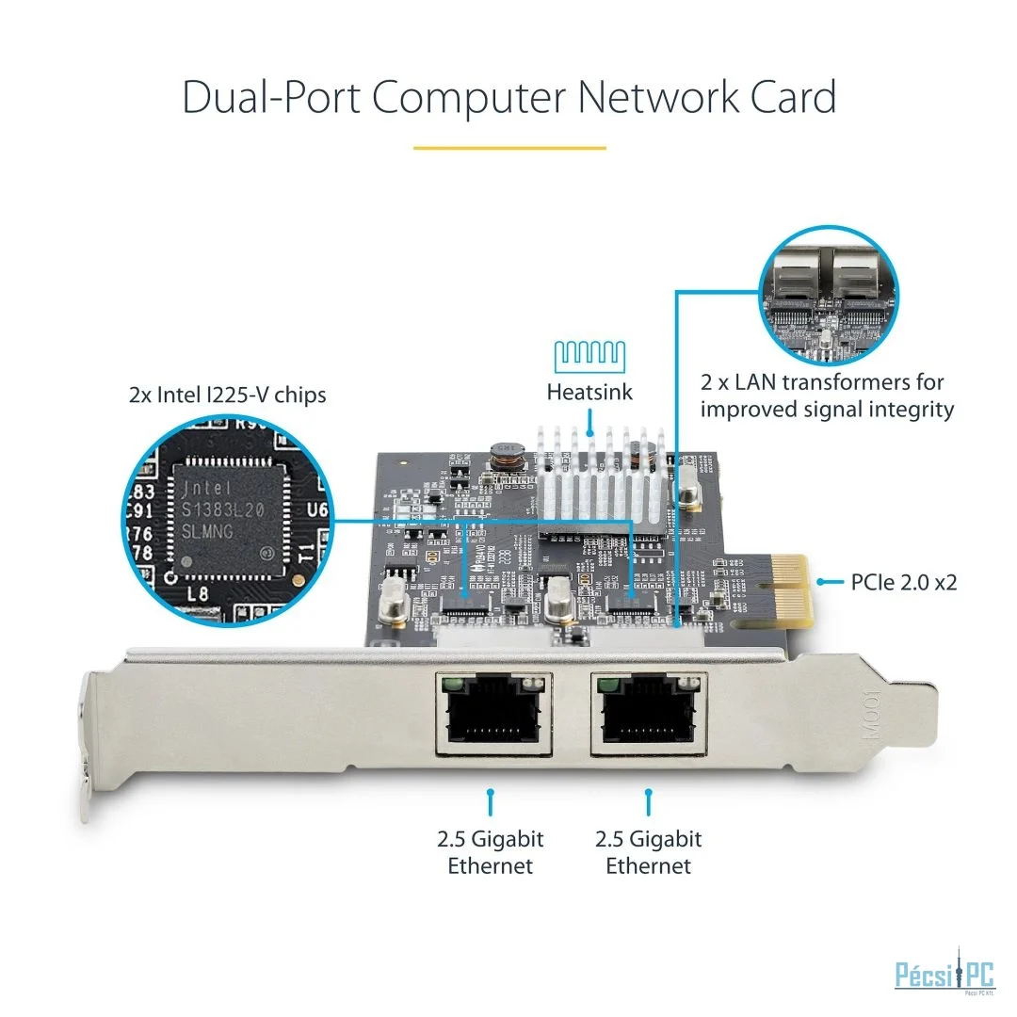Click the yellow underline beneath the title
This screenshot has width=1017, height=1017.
(x=509, y=148)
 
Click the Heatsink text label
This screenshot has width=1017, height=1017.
(x=589, y=392)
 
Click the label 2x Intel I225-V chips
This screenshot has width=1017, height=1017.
(x=227, y=394)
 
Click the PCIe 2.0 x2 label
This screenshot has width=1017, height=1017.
(x=903, y=582)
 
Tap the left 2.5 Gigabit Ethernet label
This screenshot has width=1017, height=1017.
(x=490, y=852)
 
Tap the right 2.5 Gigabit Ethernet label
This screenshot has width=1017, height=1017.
(x=648, y=852)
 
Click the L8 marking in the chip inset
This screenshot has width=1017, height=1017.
(x=198, y=593)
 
